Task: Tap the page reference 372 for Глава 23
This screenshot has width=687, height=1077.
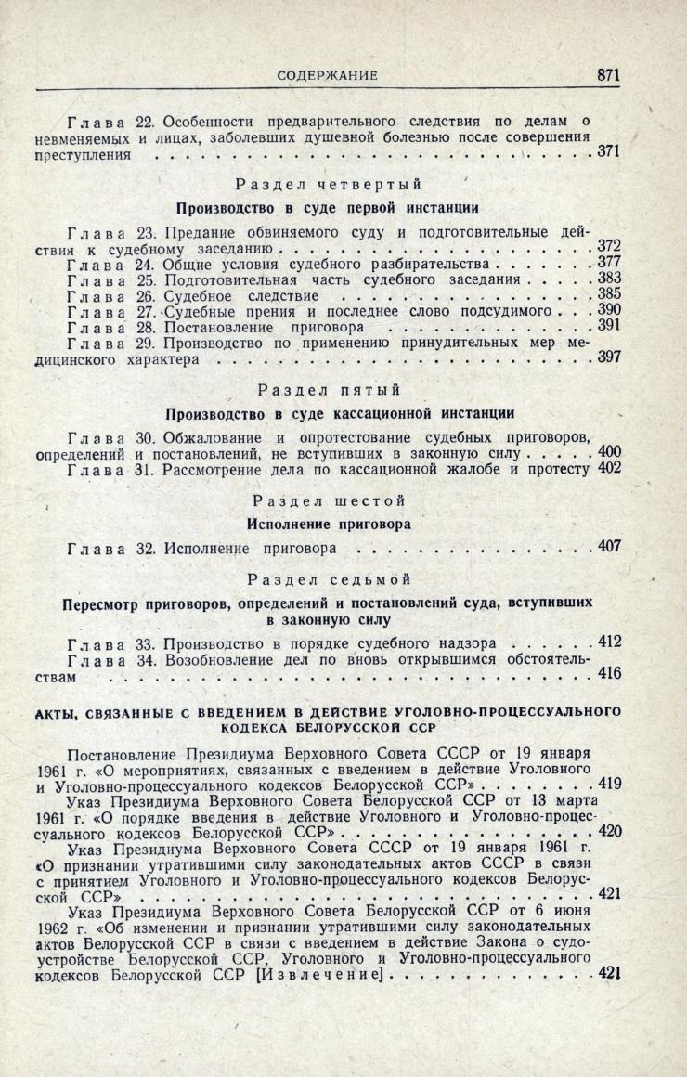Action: point(608,245)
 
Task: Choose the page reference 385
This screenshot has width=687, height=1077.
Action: point(608,294)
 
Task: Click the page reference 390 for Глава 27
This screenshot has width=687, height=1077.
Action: point(608,310)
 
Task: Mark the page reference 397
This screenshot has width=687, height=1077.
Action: point(608,357)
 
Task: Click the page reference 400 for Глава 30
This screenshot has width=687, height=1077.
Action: point(608,452)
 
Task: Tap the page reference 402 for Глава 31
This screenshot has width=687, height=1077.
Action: point(608,468)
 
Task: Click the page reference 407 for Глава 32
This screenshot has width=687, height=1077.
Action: point(608,546)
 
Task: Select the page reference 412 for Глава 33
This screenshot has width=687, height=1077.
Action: point(608,642)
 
